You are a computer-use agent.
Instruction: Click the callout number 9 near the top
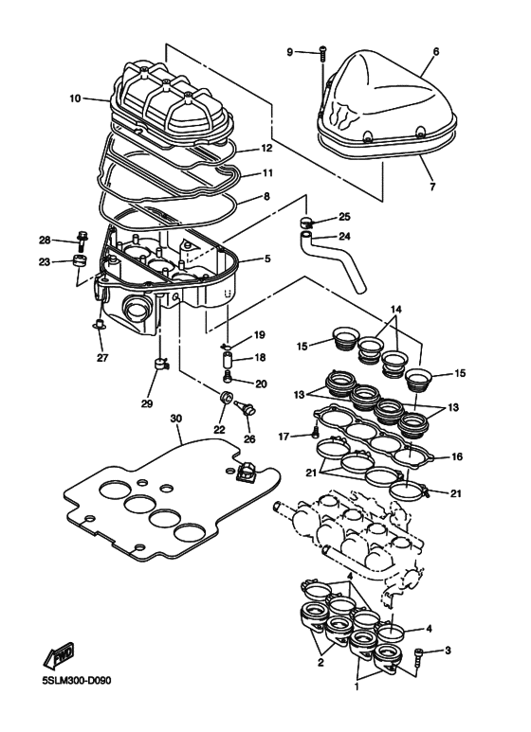coord(290,51)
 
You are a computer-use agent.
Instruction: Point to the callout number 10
coord(75,97)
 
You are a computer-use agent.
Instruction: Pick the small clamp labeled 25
coord(307,223)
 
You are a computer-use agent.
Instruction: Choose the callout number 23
coord(44,262)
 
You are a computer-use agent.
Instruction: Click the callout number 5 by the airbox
coord(266,259)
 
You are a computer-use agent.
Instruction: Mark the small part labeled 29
coord(160,364)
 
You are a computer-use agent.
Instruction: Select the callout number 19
coord(260,335)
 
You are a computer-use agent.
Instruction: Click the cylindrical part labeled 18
coord(228,361)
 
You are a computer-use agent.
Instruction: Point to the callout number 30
coord(174,418)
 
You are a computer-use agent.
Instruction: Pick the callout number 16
coord(457,456)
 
